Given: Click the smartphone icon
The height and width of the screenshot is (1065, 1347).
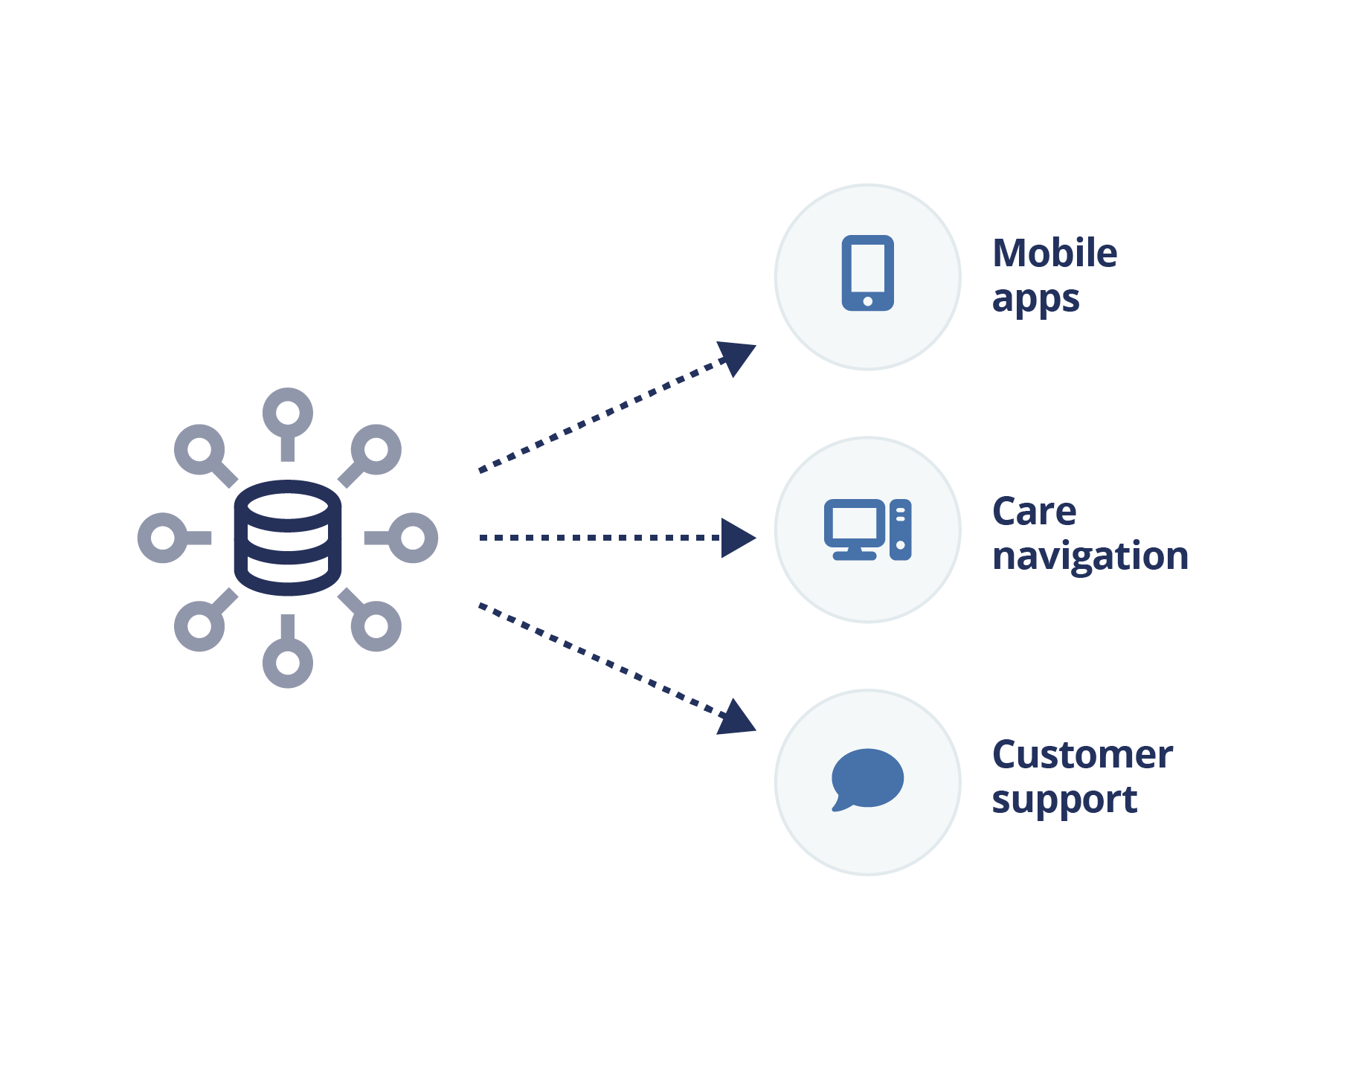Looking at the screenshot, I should click(x=867, y=272).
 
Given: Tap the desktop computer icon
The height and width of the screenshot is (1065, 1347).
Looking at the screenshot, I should click(x=867, y=530).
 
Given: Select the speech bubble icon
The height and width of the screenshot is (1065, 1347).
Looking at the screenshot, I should click(x=867, y=779).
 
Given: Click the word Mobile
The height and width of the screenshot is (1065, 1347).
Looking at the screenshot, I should click(x=1055, y=254).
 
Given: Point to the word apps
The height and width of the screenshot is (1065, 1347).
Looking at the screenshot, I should click(x=1035, y=299).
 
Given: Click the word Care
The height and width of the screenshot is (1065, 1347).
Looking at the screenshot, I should click(x=1034, y=512).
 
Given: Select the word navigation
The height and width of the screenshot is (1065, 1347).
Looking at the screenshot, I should click(x=1090, y=556).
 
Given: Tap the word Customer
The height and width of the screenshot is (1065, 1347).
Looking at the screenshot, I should click(x=1082, y=755).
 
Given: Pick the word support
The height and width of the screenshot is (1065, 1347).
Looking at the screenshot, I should click(x=1064, y=800).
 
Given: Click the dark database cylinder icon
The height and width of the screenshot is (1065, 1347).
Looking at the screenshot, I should click(x=288, y=538).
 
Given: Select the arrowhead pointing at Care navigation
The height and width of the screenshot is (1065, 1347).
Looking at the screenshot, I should click(x=737, y=538).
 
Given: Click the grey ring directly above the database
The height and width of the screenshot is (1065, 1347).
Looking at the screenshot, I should click(x=288, y=413).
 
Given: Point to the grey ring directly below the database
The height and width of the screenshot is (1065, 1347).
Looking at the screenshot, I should click(x=288, y=663).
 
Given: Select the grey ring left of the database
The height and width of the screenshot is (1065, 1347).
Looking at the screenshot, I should click(x=163, y=538).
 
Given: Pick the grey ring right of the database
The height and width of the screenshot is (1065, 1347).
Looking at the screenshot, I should click(x=413, y=538).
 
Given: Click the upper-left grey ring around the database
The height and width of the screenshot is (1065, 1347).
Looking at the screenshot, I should click(x=199, y=449).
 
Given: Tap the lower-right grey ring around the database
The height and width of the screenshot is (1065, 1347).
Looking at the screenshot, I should click(x=376, y=626).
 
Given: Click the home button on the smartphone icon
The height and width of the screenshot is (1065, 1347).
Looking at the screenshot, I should click(x=867, y=301).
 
